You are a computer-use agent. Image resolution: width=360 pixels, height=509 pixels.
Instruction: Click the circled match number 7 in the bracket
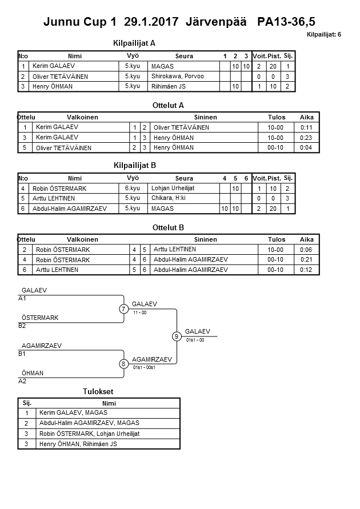(123, 309)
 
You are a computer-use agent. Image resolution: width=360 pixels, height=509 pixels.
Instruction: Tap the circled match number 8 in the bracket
(123, 364)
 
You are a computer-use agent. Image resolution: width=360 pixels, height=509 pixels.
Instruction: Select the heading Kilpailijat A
(135, 43)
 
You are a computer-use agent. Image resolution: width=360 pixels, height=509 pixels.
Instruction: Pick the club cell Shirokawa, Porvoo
(178, 77)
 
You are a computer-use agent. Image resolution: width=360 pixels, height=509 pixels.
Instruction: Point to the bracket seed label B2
(22, 326)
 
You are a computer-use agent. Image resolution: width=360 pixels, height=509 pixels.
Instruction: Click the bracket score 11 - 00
(140, 313)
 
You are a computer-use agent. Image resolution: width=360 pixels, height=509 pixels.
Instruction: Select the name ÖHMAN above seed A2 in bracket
(33, 374)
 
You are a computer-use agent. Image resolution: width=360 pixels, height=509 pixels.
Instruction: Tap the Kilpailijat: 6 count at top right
(323, 35)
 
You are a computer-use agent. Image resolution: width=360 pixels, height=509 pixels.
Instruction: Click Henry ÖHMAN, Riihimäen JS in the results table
(78, 444)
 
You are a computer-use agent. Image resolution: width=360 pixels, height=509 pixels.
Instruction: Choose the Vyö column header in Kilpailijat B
(133, 178)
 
